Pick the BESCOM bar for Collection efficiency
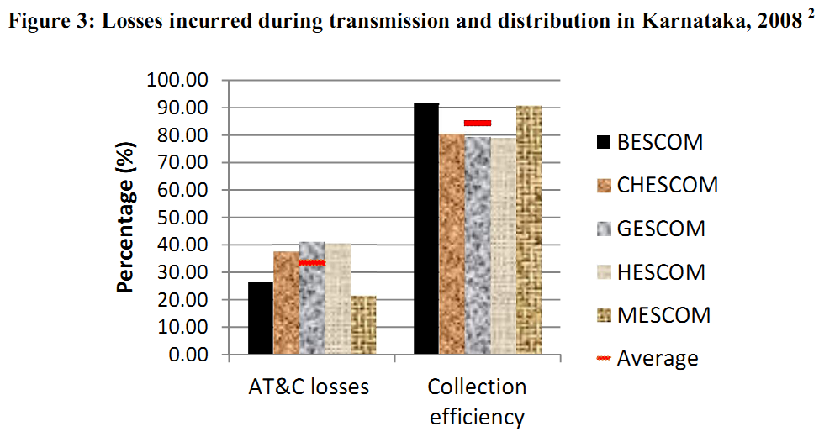pos(426,228)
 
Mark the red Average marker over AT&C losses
pos(312,263)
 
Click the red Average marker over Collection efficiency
pos(478,123)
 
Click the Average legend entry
pos(647,359)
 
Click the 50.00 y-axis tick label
pos(182,218)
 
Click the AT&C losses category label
pos(309,387)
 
